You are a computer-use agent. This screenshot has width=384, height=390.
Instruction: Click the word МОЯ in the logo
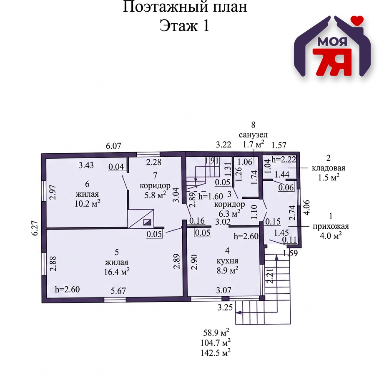click(332, 42)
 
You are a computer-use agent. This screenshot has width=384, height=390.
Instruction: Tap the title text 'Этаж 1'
click(184, 25)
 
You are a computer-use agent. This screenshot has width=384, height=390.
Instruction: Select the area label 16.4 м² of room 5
click(117, 272)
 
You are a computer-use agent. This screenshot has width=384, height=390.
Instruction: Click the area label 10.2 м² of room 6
click(88, 204)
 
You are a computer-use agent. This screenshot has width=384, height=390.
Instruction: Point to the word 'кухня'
click(227, 261)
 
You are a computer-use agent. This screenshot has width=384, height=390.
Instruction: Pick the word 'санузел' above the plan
click(253, 135)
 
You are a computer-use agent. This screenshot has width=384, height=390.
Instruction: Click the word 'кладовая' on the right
click(329, 168)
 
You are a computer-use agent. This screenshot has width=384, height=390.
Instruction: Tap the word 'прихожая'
click(331, 226)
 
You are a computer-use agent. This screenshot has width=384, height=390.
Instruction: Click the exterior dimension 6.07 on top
click(113, 146)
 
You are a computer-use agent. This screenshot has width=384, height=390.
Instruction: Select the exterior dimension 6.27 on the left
click(35, 228)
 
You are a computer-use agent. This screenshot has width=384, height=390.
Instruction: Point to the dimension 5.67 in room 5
click(118, 291)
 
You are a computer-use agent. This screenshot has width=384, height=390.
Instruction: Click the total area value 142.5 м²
click(216, 352)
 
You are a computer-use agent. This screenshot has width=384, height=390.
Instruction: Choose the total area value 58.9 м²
click(216, 332)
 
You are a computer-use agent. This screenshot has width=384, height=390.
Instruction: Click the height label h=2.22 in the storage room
click(284, 159)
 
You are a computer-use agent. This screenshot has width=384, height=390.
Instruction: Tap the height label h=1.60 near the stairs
click(211, 197)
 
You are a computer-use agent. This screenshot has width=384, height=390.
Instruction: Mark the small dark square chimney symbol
click(147, 222)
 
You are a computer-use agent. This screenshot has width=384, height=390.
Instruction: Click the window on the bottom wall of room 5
click(115, 300)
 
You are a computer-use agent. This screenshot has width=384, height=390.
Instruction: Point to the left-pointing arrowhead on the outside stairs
click(238, 312)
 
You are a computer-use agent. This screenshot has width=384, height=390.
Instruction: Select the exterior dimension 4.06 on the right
click(307, 207)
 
